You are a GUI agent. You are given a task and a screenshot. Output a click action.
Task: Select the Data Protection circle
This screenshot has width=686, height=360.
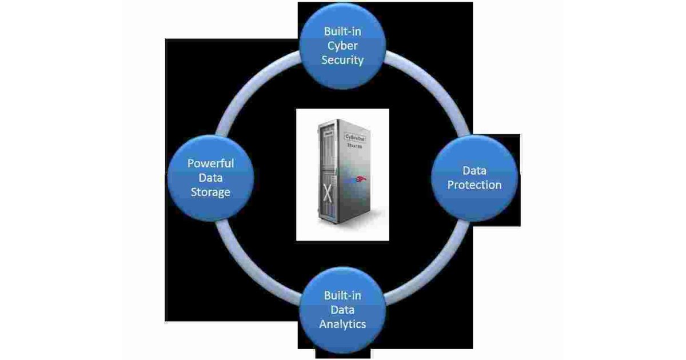click(474, 178)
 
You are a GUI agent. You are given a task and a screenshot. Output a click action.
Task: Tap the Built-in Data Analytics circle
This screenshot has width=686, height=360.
click(342, 310)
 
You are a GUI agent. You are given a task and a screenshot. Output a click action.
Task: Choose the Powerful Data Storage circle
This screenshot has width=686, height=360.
click(210, 178)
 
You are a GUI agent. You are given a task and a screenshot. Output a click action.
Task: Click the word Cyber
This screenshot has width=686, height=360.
click(342, 46)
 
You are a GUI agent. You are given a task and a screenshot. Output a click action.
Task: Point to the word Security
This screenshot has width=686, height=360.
click(342, 59)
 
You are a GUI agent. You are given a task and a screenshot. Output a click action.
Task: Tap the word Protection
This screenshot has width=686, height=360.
click(474, 185)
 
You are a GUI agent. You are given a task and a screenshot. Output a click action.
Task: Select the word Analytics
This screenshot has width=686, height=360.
click(342, 324)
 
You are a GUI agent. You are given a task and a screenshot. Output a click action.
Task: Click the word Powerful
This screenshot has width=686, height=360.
click(211, 163)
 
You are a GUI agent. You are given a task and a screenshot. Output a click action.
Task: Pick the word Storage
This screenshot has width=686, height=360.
click(211, 192)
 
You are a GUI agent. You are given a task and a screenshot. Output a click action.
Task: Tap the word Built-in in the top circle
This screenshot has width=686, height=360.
click(342, 31)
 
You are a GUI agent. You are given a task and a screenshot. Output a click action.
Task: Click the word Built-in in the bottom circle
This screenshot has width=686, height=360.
click(342, 296)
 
